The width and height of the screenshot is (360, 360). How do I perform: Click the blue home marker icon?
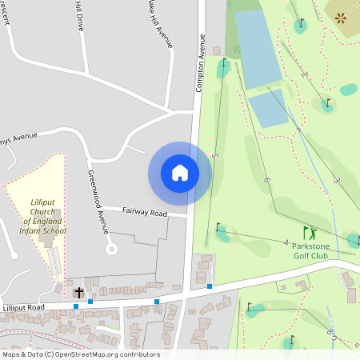180,173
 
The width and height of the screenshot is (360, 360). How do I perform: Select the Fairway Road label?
145,213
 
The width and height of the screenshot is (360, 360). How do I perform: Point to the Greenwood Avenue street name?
97,201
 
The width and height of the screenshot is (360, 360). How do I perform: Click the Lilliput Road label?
23,307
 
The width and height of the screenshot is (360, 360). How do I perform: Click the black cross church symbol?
79,293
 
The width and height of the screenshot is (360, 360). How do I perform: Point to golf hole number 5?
215,154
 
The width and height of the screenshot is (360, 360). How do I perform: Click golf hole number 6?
266,180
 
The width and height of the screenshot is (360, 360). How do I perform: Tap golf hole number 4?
286,242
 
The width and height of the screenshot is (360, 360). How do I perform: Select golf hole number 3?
336,181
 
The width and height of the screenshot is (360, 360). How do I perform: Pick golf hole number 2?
304,74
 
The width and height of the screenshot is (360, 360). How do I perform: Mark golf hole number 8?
330,330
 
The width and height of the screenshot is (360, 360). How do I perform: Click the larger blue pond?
257,48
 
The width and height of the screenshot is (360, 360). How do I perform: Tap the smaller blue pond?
268,109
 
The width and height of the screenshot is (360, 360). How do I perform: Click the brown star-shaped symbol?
342,17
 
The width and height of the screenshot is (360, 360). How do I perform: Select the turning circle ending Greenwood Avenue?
112,249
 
